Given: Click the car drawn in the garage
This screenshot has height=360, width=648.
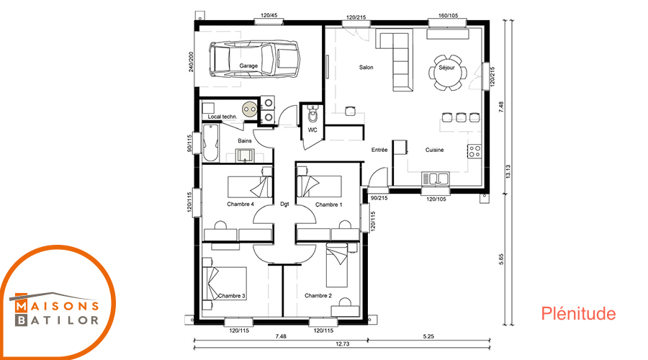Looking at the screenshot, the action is point(254,59).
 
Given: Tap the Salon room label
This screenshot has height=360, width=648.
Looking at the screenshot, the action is point(366,68).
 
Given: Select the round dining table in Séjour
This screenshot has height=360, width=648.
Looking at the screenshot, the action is point(447,72).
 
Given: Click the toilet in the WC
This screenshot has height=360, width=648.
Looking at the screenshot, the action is point(314,115).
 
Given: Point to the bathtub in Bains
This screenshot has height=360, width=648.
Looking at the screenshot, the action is point(210,143).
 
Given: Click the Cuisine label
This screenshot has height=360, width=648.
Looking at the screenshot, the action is point(434,150).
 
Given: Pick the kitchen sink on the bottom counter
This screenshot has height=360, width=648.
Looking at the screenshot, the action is point(435,179).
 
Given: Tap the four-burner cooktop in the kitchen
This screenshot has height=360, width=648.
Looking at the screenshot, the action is point(474,151).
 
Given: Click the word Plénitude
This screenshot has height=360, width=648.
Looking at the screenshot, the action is point(578,314).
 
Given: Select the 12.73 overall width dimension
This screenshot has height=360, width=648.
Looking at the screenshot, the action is point(343,344).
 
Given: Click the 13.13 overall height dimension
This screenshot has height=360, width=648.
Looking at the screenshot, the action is point(508,171).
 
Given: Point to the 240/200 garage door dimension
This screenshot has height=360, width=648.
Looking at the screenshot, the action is point(191,62).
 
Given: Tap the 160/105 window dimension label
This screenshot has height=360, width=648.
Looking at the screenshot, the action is point(448,16).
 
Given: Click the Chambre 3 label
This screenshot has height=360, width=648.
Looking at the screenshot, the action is point(231,296).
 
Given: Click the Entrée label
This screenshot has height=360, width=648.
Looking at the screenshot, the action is point(379,150).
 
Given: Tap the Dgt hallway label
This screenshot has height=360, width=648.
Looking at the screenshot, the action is point(284,204).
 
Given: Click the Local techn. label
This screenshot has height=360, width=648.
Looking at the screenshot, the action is point(222,117).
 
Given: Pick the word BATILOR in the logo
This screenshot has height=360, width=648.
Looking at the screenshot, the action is point(57,320).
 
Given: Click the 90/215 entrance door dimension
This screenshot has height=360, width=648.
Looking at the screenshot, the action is point(379,199).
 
